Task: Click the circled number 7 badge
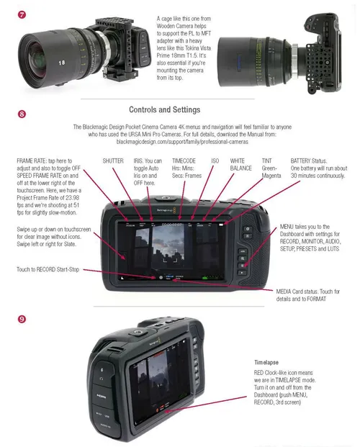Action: (x=23, y=15)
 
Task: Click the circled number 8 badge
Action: (x=23, y=113)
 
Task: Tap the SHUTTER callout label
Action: (x=113, y=161)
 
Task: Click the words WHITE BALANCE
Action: (x=241, y=164)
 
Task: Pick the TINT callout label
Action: (x=266, y=161)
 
